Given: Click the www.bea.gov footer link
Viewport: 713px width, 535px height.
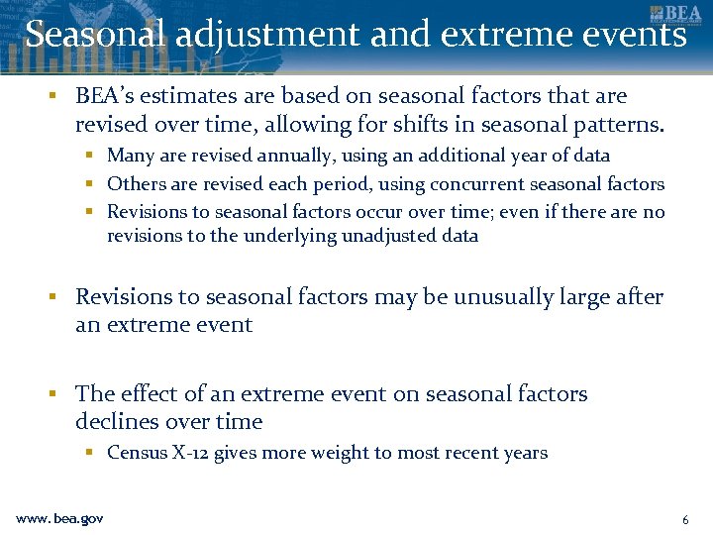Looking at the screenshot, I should [x=59, y=519].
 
